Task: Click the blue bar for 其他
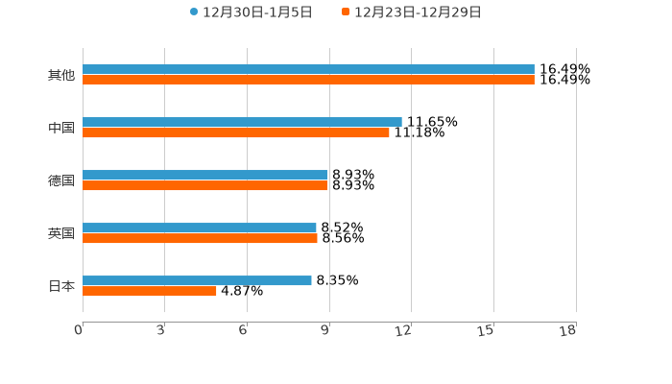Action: click(308, 69)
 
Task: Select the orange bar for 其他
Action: click(308, 80)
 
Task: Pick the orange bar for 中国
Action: click(236, 132)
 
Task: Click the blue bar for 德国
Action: click(204, 175)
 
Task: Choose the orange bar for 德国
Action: click(204, 185)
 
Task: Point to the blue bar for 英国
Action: click(200, 228)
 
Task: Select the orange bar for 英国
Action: click(200, 238)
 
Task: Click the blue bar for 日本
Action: click(197, 280)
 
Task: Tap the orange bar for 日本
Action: click(150, 291)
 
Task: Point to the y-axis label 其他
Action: click(61, 75)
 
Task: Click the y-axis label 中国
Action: click(61, 128)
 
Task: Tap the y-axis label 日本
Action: click(61, 286)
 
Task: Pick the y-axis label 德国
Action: click(61, 180)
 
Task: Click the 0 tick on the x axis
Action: click(79, 330)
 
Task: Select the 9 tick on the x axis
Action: click(325, 330)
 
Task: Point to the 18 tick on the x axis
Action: click(568, 330)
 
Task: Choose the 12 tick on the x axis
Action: click(404, 330)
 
